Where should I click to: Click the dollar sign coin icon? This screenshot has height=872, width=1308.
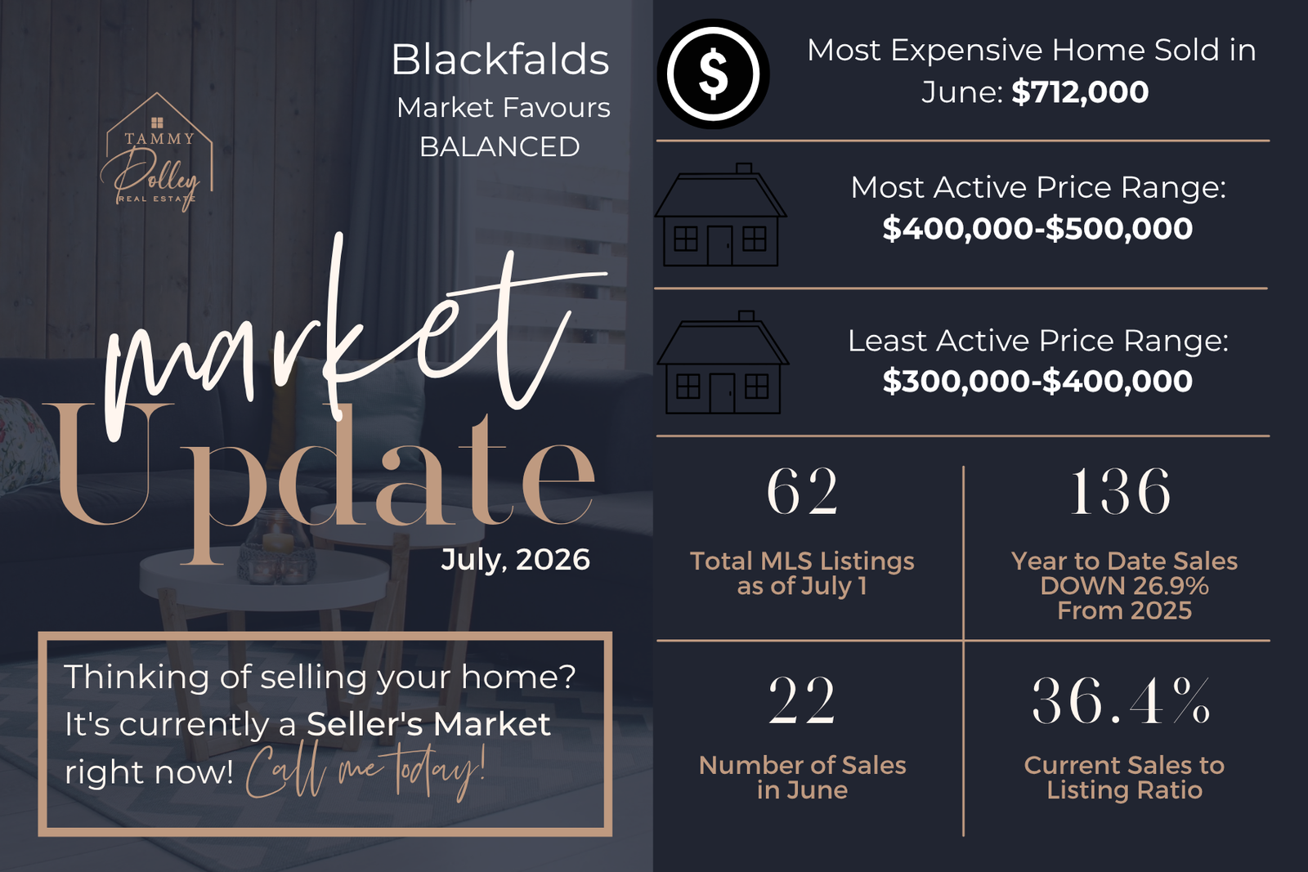[x=713, y=74]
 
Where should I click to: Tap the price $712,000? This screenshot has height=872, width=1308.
[x=1080, y=92]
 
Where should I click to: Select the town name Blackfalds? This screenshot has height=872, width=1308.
[x=500, y=60]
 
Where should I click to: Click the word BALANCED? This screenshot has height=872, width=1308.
[x=499, y=146]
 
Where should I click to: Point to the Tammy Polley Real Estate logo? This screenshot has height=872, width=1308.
[x=157, y=152]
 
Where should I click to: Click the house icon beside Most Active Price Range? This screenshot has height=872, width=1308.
[x=720, y=215]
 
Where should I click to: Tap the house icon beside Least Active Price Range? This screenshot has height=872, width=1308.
[x=723, y=363]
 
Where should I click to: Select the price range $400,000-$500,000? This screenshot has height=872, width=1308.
[x=1037, y=228]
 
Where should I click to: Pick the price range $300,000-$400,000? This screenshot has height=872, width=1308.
[x=1037, y=381]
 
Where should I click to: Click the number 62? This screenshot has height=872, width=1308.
[x=802, y=491]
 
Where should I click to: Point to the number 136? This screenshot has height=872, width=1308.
[x=1121, y=491]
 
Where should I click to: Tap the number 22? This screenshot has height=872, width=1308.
[x=802, y=700]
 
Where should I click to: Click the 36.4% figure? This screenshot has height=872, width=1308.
[x=1121, y=700]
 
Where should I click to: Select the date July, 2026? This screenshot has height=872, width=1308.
[x=515, y=560]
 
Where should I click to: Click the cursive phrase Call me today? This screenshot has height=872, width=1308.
[x=365, y=771]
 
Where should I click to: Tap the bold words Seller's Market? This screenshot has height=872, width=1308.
[x=428, y=724]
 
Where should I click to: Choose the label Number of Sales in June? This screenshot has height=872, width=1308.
[x=802, y=777]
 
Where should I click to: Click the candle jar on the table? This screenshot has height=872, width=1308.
[x=276, y=547]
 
